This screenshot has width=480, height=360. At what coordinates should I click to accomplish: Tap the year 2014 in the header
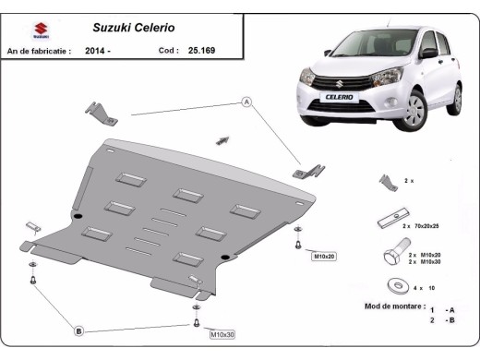tap(95, 52)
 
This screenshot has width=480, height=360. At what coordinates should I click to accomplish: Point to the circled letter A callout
tap(247, 102)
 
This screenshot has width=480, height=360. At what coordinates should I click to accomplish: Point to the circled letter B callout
tap(79, 330)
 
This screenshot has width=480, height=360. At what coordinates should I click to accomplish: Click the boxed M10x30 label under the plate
tap(222, 333)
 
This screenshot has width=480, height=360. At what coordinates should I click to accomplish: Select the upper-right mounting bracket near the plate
tap(308, 172)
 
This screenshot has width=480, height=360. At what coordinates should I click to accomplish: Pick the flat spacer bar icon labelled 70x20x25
tap(388, 221)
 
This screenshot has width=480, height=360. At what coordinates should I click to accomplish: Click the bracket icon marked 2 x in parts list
tap(386, 181)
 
